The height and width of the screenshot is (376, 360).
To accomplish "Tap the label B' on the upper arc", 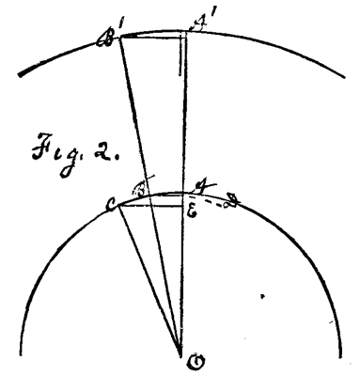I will (106, 39).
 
